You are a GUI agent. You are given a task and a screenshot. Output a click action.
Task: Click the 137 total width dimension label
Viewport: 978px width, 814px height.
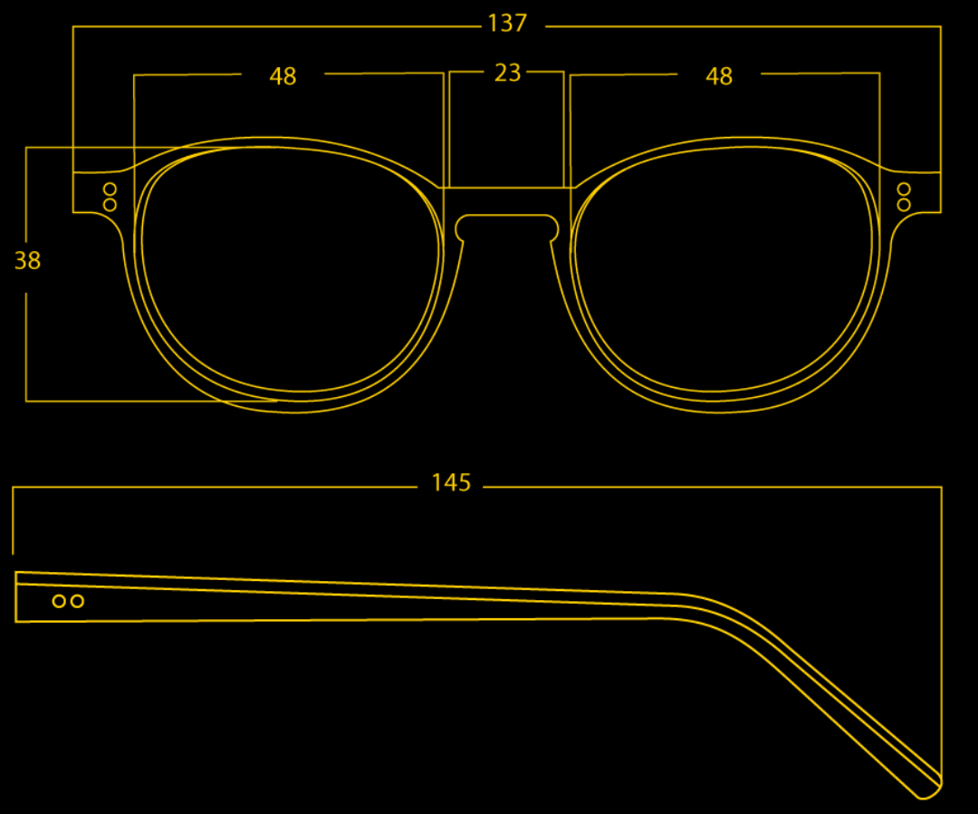pyautogui.click(x=508, y=24)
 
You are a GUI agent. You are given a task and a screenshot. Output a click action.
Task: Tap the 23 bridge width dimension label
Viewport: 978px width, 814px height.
pyautogui.click(x=508, y=73)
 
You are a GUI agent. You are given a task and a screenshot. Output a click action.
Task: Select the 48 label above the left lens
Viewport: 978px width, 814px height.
pyautogui.click(x=283, y=76)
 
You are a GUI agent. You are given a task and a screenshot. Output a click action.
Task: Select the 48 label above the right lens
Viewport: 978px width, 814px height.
pyautogui.click(x=718, y=76)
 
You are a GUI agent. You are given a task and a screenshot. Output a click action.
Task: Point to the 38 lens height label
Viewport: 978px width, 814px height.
pyautogui.click(x=27, y=260)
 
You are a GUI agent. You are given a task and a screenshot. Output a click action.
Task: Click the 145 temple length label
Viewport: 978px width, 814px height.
pyautogui.click(x=451, y=482)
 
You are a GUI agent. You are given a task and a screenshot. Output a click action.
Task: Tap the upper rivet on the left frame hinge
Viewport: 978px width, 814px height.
pyautogui.click(x=110, y=189)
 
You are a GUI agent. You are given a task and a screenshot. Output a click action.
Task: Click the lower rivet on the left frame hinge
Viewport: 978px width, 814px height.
pyautogui.click(x=110, y=205)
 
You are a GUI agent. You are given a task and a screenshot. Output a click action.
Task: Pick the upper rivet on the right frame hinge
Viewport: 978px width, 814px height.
pyautogui.click(x=904, y=189)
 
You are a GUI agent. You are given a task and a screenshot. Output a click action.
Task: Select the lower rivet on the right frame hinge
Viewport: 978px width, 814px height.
pyautogui.click(x=904, y=205)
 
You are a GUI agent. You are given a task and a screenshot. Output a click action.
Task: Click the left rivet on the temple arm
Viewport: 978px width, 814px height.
pyautogui.click(x=59, y=601)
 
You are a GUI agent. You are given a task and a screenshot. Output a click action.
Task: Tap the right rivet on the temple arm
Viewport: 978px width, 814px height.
pyautogui.click(x=77, y=601)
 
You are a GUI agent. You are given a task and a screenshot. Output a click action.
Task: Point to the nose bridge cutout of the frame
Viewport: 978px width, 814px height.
pyautogui.click(x=507, y=216)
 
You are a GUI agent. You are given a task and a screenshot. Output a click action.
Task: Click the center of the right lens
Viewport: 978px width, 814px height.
pyautogui.click(x=724, y=269)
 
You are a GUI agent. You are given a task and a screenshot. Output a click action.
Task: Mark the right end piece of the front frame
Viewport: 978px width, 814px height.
pyautogui.click(x=914, y=192)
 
